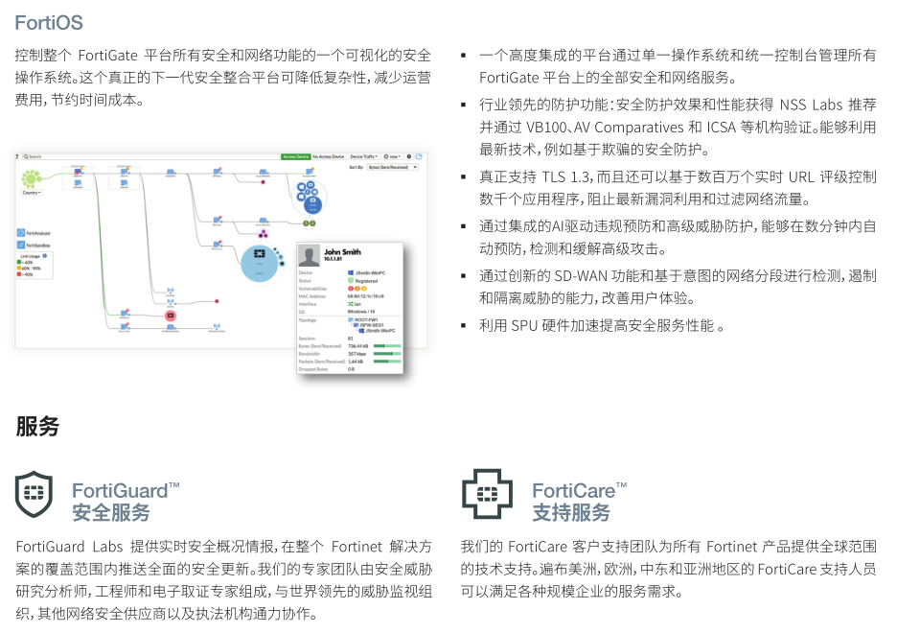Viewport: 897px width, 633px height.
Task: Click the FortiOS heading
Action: tap(50, 21)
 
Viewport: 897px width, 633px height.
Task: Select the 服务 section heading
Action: tap(37, 426)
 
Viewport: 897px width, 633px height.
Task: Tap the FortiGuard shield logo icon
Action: tap(34, 495)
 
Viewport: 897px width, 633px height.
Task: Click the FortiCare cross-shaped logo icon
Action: tap(487, 495)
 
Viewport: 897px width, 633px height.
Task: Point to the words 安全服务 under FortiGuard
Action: tap(111, 512)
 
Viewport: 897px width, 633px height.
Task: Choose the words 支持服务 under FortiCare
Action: tap(571, 512)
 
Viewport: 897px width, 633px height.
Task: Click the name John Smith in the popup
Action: tap(343, 251)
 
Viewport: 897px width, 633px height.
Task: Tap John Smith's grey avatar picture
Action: tap(310, 256)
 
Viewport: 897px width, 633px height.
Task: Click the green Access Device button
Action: tap(296, 155)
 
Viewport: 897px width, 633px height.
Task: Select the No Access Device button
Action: tap(331, 155)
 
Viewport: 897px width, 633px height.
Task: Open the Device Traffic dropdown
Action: tap(364, 155)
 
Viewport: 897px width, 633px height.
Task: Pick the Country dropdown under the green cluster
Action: tap(32, 193)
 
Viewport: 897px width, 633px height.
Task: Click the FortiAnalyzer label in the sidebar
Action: tap(41, 233)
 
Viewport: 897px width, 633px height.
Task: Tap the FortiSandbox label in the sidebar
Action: tap(40, 246)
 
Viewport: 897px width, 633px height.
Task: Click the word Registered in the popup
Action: tap(366, 281)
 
